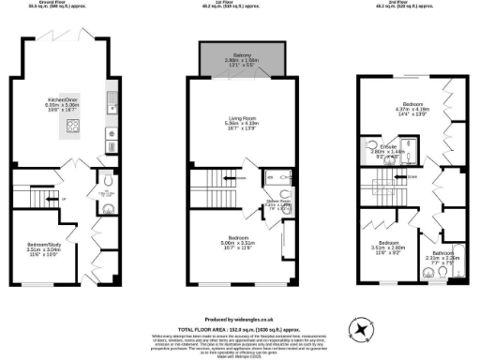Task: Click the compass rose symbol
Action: click(x=360, y=328)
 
